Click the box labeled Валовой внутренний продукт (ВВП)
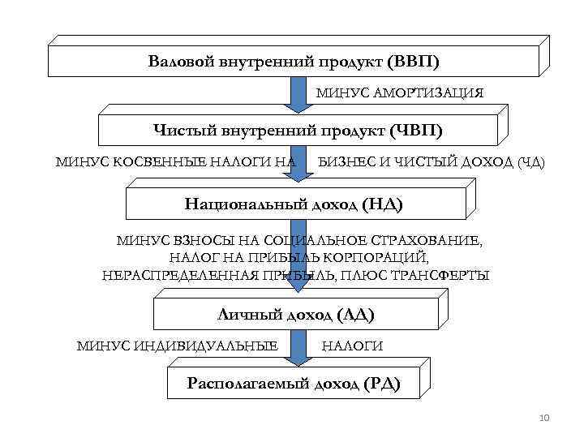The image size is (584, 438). pos(292,62)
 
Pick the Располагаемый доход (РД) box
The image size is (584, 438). pos(293,383)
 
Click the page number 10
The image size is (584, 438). pos(543,418)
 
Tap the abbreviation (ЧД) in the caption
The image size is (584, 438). pos(530,162)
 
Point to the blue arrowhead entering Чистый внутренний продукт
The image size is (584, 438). pos(298,105)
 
